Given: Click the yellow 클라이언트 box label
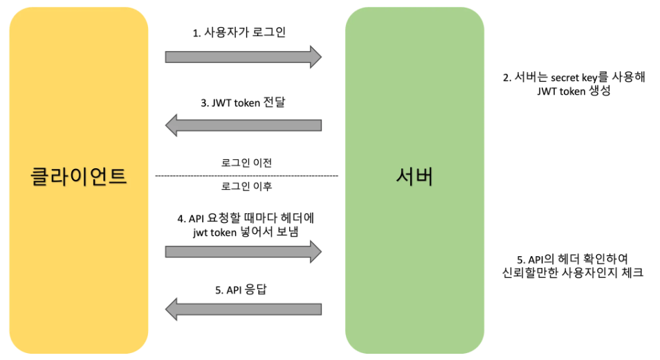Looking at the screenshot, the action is coord(79,175).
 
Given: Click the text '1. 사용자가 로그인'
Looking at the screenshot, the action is coord(239,33).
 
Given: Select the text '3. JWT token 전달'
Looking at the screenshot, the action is coord(243,103).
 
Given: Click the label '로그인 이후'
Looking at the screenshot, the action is coord(247,187).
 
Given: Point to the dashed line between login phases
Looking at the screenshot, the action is coord(247,176).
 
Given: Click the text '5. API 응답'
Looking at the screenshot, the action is coord(243,290).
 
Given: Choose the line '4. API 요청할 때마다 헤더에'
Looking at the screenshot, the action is coord(247,218).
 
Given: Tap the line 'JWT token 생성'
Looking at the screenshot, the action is coord(574,93).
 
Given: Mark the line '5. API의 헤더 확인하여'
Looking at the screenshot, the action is coord(574,259).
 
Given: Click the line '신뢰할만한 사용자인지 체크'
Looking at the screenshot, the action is coord(574,273).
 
